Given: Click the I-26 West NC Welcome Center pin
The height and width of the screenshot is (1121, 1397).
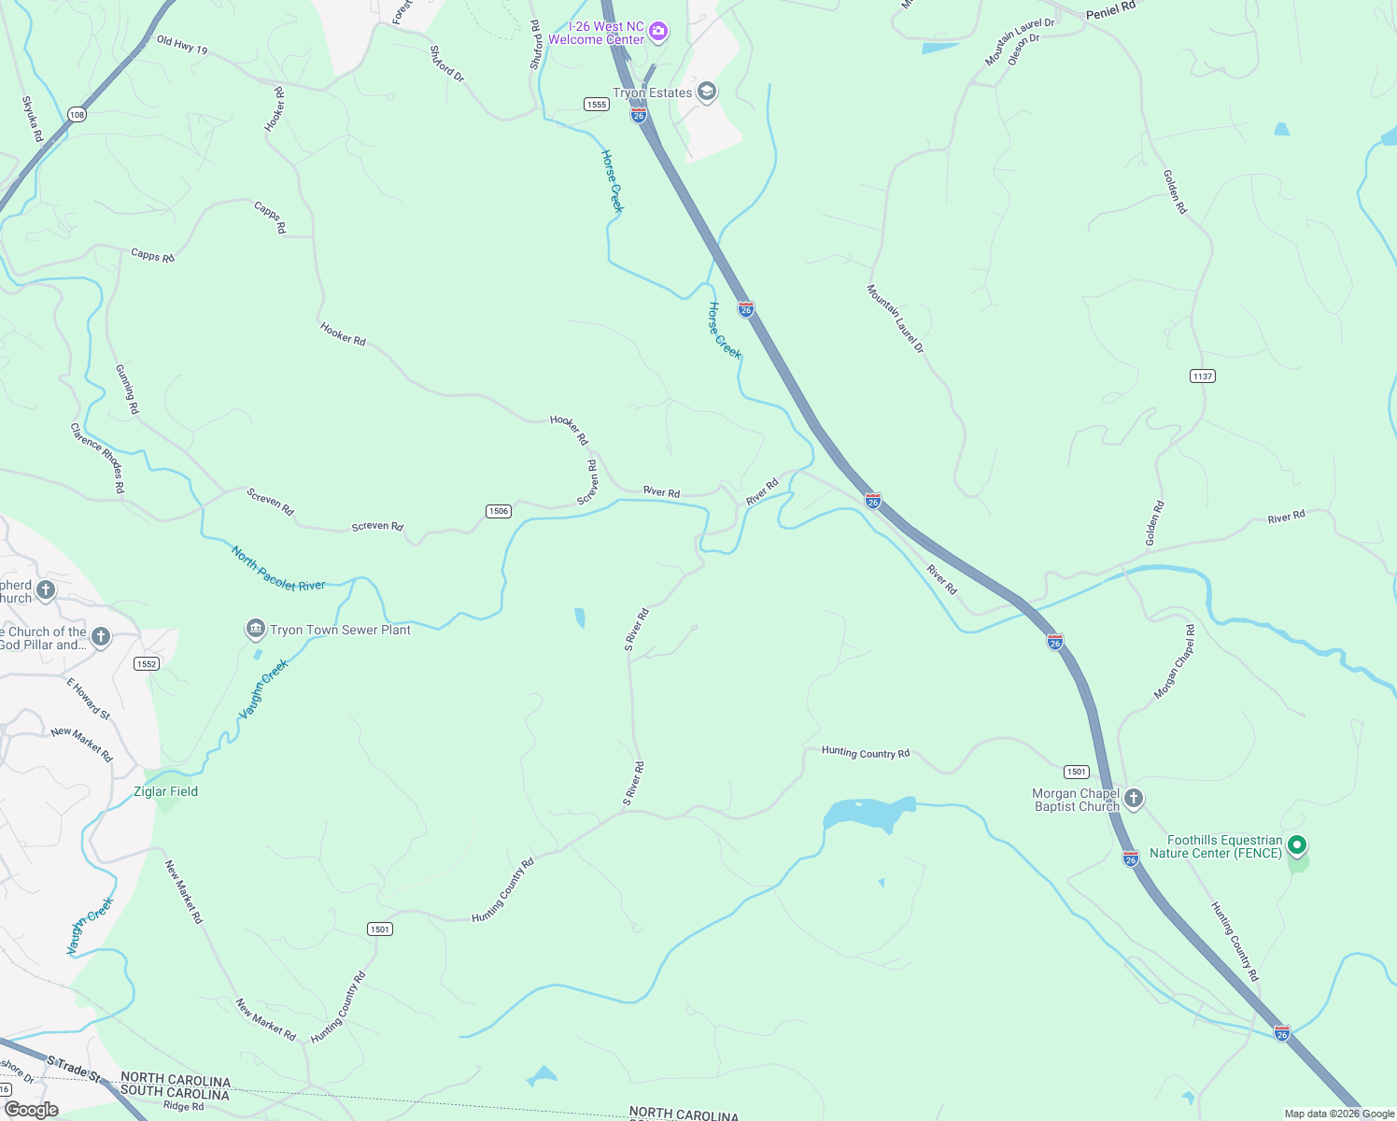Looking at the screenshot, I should coord(658,33).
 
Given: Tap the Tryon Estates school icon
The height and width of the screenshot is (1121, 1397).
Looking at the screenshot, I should coord(707,92).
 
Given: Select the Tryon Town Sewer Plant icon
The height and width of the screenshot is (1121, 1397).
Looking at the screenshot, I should coord(255,630).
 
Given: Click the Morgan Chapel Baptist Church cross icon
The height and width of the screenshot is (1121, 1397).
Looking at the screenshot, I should coord(1134,799).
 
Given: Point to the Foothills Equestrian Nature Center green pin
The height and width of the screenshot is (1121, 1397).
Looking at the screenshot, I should coord(1296,845).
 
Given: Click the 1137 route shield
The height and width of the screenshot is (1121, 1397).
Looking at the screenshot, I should coord(1202,376).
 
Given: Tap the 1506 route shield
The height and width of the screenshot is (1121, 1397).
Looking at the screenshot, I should coord(499,511).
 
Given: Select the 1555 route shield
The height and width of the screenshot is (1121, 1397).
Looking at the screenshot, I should coord(597,105).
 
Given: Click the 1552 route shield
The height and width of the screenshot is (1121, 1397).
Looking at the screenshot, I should coord(147,664).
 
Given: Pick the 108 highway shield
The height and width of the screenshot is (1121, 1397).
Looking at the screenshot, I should coord(77,115).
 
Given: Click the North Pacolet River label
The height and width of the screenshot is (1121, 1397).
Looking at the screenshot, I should coord(277,570).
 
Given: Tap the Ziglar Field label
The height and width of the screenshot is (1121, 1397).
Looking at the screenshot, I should coord(166,791).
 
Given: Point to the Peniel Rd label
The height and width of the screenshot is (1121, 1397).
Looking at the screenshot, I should coord(1110,10).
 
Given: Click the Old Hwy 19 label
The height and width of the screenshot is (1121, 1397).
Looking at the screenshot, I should coord(182,44).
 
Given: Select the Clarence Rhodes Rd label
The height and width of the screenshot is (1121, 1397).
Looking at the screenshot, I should coord(97,458).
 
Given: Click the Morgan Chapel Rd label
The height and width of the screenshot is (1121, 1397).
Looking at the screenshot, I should coord(1174,662).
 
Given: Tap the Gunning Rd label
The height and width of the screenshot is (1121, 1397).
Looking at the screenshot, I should coord(127,390).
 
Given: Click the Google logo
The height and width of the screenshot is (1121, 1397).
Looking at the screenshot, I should coord(32,1110).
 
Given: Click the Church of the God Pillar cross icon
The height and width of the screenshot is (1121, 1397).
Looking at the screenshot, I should coord(101,637).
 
